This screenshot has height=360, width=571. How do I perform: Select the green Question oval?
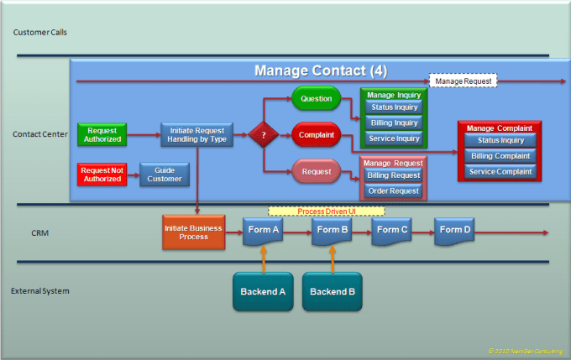(x=315, y=99)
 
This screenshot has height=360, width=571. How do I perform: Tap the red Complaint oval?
(x=316, y=135)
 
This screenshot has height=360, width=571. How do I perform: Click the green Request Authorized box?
(x=102, y=134)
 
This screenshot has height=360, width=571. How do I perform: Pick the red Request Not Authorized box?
(x=102, y=175)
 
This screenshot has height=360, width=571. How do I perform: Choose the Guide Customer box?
(x=165, y=175)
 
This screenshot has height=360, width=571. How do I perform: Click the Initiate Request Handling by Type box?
(x=196, y=134)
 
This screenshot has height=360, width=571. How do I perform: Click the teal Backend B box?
(x=332, y=291)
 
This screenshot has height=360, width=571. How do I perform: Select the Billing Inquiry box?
(x=394, y=123)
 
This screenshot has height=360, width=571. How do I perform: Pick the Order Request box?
(x=394, y=190)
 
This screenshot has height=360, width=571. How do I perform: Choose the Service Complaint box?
(x=500, y=171)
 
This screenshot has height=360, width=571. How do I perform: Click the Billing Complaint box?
(x=500, y=156)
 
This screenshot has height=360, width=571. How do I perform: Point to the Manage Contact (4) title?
(x=320, y=70)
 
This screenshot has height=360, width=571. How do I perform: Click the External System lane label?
(x=40, y=291)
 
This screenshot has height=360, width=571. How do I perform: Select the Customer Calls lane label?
(x=40, y=32)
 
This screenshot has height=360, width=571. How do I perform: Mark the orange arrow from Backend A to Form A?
(x=263, y=259)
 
